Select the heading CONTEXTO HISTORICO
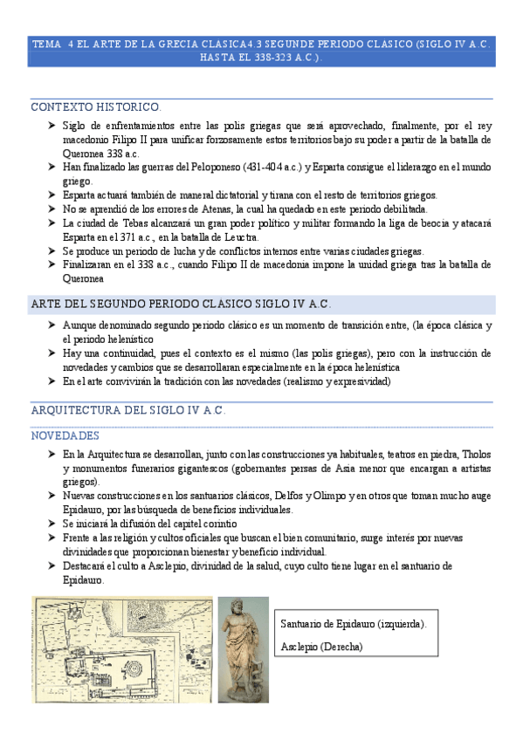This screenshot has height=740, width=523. click(x=96, y=107)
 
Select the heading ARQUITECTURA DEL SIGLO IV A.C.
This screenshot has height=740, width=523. click(x=128, y=411)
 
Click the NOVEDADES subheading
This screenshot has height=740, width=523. click(x=65, y=435)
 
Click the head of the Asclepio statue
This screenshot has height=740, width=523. click(x=241, y=613)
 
